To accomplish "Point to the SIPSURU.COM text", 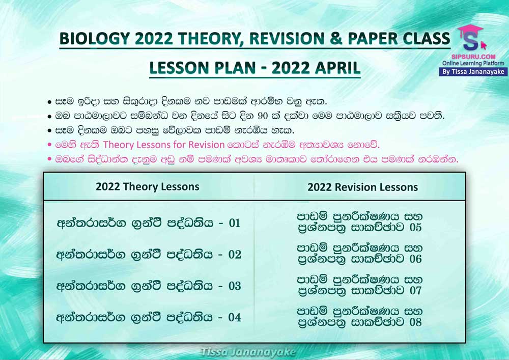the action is coord(473,57).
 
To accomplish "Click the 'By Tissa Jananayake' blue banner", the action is coord(473,72).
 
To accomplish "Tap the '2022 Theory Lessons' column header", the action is coord(148,187).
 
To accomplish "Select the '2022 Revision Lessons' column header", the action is coord(362,187).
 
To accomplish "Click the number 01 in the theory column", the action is coord(234,223).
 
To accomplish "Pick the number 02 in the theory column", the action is coord(234,255).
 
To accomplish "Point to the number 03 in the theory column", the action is coord(234,286).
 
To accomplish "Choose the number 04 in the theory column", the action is coord(234,317).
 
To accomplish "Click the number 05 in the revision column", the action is coord(415,227).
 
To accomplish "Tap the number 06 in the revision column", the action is coord(415,259).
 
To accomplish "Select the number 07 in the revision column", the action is coord(415,290).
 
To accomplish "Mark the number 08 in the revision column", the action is coord(415,322).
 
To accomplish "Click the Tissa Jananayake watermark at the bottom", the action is coord(248,352).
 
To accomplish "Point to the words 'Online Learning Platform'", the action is coord(473,63).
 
